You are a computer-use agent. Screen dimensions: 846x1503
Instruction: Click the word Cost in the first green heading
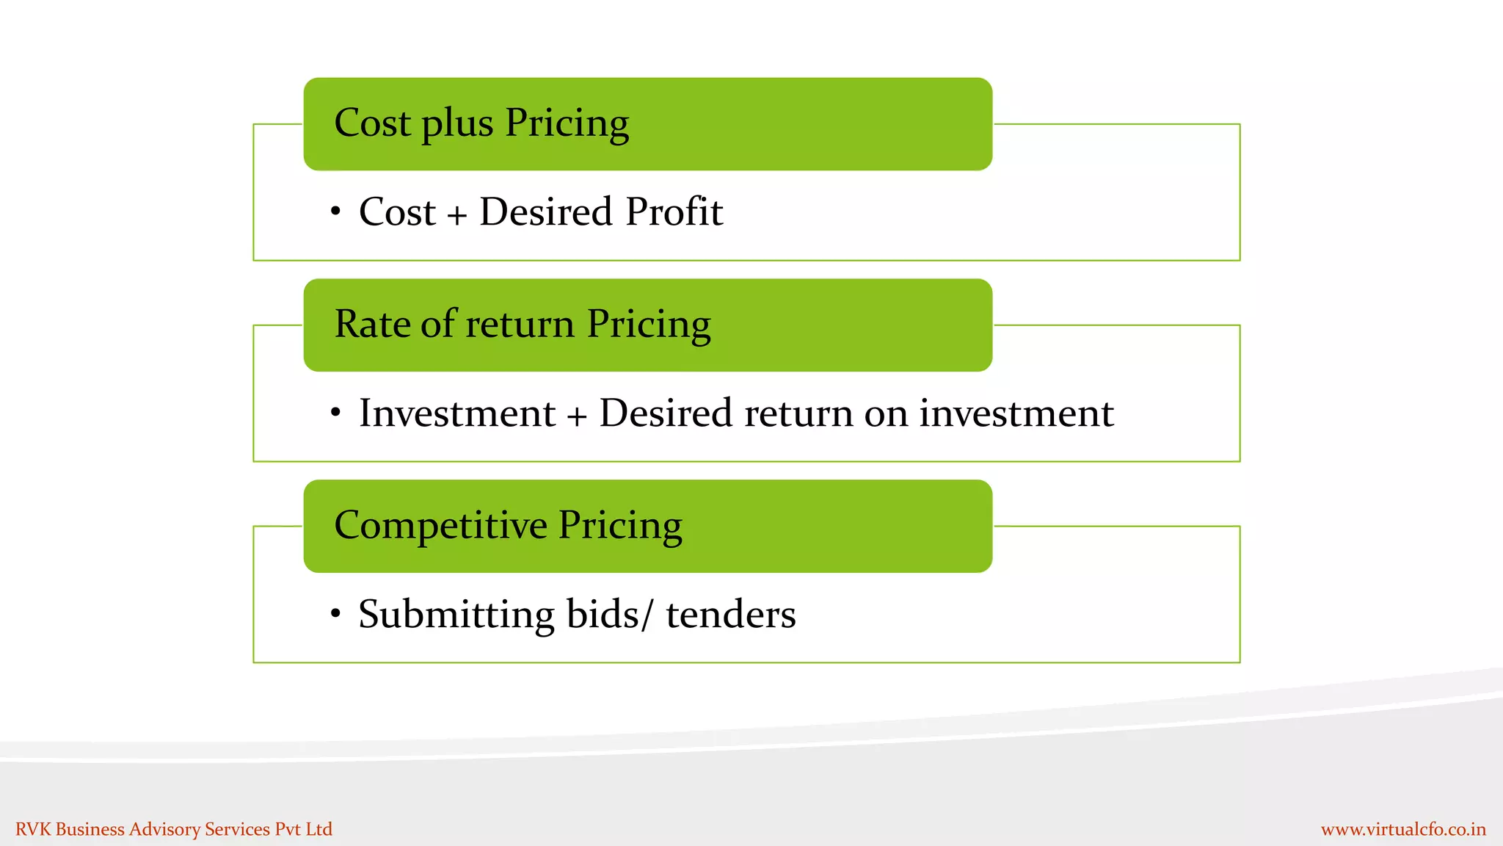pyautogui.click(x=372, y=123)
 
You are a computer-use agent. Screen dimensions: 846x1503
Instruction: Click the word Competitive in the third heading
pyautogui.click(x=440, y=526)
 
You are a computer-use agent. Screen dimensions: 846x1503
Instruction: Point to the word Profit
pyautogui.click(x=674, y=212)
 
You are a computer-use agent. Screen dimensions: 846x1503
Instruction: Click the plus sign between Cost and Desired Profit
pyautogui.click(x=456, y=215)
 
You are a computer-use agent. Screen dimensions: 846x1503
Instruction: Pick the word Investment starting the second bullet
pyautogui.click(x=456, y=413)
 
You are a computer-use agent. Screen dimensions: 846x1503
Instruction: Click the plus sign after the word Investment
pyautogui.click(x=577, y=416)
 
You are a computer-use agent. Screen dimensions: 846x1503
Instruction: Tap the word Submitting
pyautogui.click(x=456, y=615)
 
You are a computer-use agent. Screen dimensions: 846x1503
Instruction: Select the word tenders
pyautogui.click(x=730, y=615)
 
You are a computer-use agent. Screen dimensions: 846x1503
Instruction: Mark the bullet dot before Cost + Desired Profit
pyautogui.click(x=335, y=212)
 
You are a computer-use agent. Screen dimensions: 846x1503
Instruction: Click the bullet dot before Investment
pyautogui.click(x=335, y=413)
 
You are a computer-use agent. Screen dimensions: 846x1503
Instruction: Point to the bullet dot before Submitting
pyautogui.click(x=335, y=613)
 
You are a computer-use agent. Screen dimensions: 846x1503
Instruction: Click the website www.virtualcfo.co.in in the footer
pyautogui.click(x=1403, y=830)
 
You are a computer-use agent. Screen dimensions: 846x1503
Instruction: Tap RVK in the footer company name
pyautogui.click(x=33, y=829)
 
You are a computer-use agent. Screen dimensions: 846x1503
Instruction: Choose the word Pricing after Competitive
pyautogui.click(x=620, y=526)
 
